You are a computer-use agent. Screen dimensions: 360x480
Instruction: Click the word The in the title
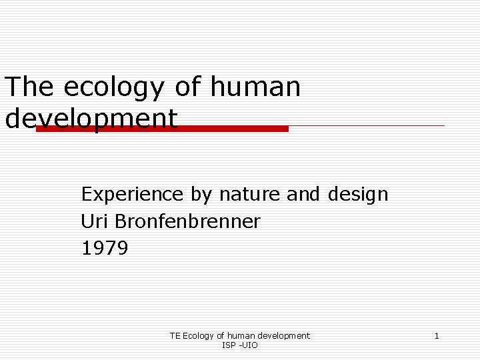point(28,87)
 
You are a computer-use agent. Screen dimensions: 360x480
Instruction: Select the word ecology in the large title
point(113,89)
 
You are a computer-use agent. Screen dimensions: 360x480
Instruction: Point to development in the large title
point(91,119)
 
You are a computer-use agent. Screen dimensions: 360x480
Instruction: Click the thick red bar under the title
point(162,129)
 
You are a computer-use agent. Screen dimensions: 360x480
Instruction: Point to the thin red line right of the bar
point(367,125)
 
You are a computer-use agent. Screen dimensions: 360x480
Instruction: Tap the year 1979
point(105,249)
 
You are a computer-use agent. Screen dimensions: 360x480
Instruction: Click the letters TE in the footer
point(175,336)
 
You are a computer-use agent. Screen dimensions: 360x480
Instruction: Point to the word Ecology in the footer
point(199,336)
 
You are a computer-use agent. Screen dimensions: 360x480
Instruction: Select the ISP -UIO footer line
point(240,345)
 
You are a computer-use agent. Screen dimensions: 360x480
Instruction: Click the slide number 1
point(437,336)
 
